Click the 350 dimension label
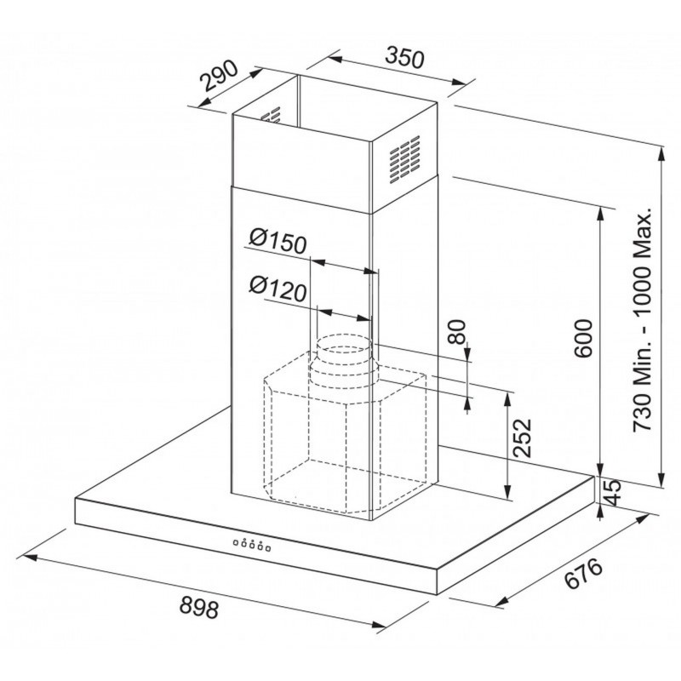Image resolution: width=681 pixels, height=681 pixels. [x=403, y=59]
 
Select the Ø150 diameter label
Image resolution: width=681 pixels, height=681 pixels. [x=278, y=243]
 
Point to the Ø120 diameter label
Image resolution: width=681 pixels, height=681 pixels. [x=278, y=289]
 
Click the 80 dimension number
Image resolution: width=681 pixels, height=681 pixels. [x=457, y=332]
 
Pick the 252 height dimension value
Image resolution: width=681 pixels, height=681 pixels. [x=522, y=438]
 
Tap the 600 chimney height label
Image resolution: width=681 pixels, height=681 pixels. [x=583, y=338]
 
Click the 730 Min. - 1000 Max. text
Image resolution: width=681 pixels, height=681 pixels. [x=642, y=319]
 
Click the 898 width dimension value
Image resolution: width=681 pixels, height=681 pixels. [x=199, y=607]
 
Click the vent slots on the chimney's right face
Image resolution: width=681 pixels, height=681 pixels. [x=405, y=159]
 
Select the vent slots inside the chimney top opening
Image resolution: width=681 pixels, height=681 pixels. [x=271, y=116]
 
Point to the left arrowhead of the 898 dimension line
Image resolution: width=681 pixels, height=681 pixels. [x=30, y=556]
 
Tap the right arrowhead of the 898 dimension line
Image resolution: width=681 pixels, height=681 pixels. [x=378, y=626]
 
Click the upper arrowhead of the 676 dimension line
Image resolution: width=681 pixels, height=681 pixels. [x=642, y=520]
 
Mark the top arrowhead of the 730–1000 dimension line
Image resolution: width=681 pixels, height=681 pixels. [x=661, y=155]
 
